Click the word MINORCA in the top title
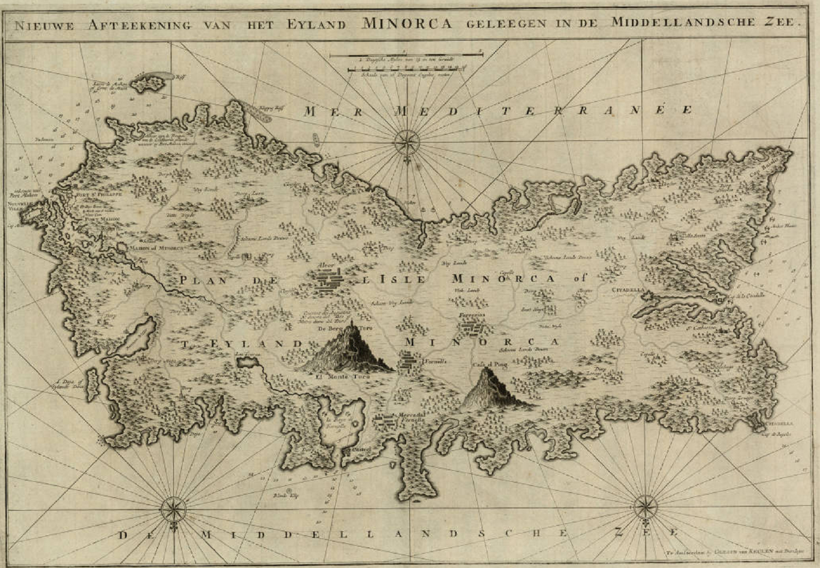[x=407, y=23]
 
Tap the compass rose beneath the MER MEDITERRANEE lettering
[x=407, y=143]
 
